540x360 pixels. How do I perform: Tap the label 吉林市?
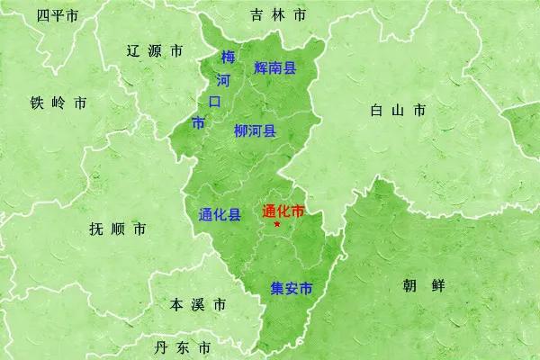point(278,15)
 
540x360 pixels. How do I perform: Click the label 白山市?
point(397,111)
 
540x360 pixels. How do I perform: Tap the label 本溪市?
point(197,304)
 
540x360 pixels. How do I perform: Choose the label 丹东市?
point(183,347)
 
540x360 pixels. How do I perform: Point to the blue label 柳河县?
point(255,130)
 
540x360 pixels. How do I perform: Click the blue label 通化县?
point(219,214)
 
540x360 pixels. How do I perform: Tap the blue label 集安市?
point(291,289)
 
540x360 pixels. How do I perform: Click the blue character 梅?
point(228,58)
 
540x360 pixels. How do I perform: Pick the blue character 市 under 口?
point(198,121)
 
